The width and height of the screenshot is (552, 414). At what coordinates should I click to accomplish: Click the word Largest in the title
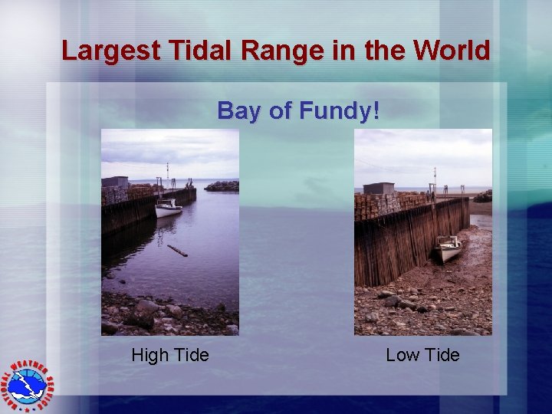[x=111, y=51]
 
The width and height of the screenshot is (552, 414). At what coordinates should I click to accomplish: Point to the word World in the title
[x=451, y=51]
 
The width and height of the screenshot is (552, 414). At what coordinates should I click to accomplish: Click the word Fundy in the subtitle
[x=338, y=111]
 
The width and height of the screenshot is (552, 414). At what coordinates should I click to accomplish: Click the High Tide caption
[x=170, y=355]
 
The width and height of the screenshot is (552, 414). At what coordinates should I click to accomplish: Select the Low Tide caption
[x=422, y=355]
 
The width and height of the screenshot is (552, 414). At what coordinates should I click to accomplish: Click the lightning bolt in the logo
[x=28, y=380]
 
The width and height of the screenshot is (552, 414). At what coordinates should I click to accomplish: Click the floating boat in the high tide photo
[x=169, y=208]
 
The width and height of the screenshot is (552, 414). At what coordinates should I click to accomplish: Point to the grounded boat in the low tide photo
[x=449, y=247]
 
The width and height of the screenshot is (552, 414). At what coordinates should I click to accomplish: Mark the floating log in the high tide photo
[x=177, y=251]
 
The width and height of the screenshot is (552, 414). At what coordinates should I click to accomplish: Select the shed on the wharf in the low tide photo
[x=378, y=189]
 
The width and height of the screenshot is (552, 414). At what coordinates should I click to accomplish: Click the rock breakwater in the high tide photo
[x=222, y=186]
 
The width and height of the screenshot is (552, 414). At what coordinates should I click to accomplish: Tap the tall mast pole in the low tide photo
[x=434, y=181]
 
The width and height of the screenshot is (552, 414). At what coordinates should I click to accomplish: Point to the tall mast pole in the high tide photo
[x=167, y=174]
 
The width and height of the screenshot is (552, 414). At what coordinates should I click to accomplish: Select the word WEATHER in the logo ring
[x=34, y=366]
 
